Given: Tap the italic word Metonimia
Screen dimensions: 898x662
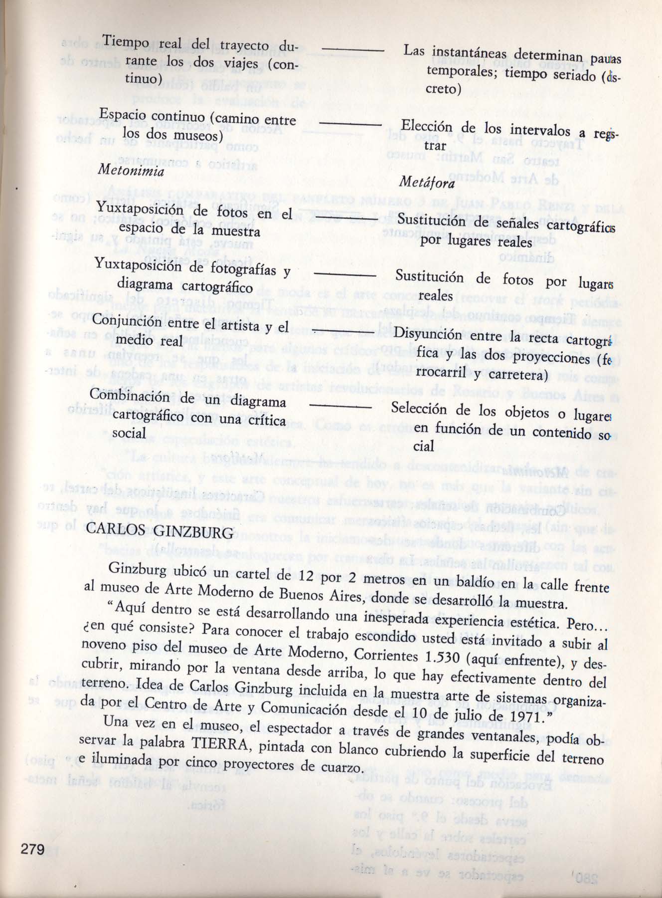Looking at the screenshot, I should tap(132, 171).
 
